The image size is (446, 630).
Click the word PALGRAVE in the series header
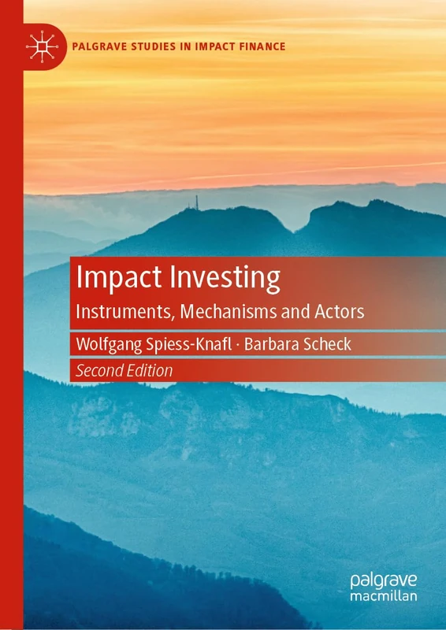pyautogui.click(x=98, y=46)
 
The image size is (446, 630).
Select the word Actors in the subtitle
pyautogui.click(x=339, y=310)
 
